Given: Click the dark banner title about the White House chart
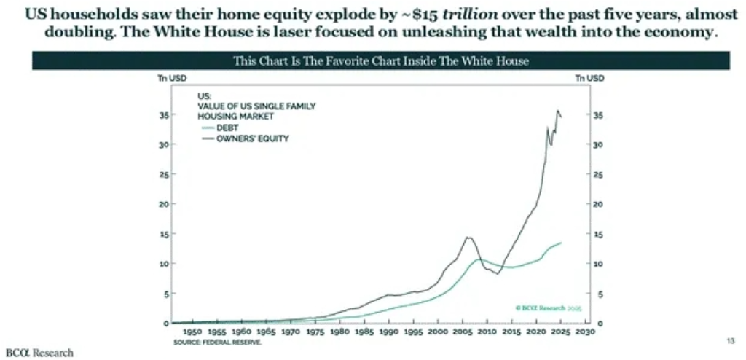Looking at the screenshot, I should coord(381,60).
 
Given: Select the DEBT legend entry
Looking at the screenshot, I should coord(227,127).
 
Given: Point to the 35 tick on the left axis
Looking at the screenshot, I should coord(164,115).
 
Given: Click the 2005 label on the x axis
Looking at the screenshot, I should coord(462,332).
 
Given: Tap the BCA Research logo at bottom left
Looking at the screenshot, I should coord(39,353).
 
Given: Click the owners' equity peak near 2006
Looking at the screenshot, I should coord(468,237).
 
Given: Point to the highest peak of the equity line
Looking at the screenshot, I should coord(558,111).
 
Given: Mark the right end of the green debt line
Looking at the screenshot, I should coord(561,243).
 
